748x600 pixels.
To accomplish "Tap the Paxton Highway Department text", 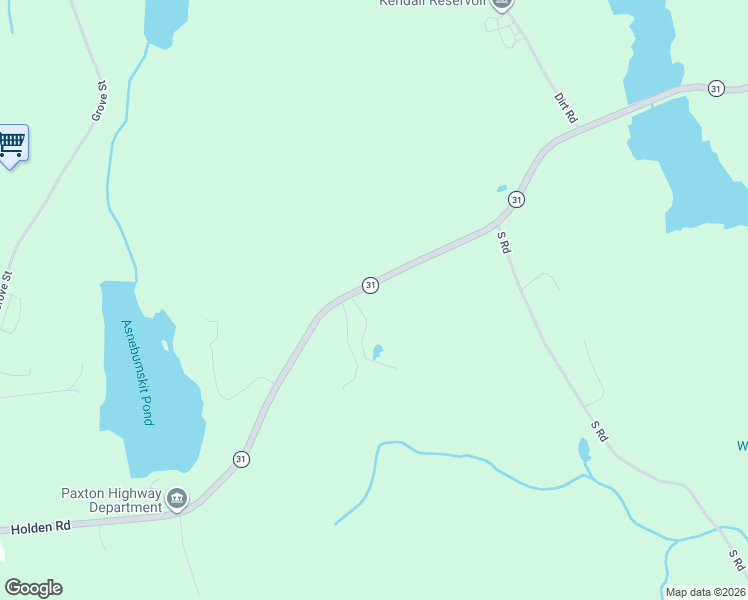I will pos(110,500).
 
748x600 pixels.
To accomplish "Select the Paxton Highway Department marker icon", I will pos(177,498).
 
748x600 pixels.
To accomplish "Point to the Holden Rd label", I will pos(41,525).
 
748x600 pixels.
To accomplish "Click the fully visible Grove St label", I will pos(99,101).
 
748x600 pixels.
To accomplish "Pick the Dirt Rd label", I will pos(566,109).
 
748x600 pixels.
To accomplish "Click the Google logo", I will pos(33,588).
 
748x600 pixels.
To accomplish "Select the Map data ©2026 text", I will pos(705,592).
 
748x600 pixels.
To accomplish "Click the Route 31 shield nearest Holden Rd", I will pos(241,459).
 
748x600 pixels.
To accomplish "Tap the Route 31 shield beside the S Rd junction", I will pos(515,200).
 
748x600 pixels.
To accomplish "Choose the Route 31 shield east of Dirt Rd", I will pos(715,89).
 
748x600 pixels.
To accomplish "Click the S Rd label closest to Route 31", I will pos(504,242).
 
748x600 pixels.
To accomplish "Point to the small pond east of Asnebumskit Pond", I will pos(377,352).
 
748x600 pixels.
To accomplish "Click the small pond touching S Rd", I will pos(584,450).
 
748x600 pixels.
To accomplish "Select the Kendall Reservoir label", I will pos(431,3).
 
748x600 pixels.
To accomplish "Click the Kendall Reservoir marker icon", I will pos(503,4).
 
